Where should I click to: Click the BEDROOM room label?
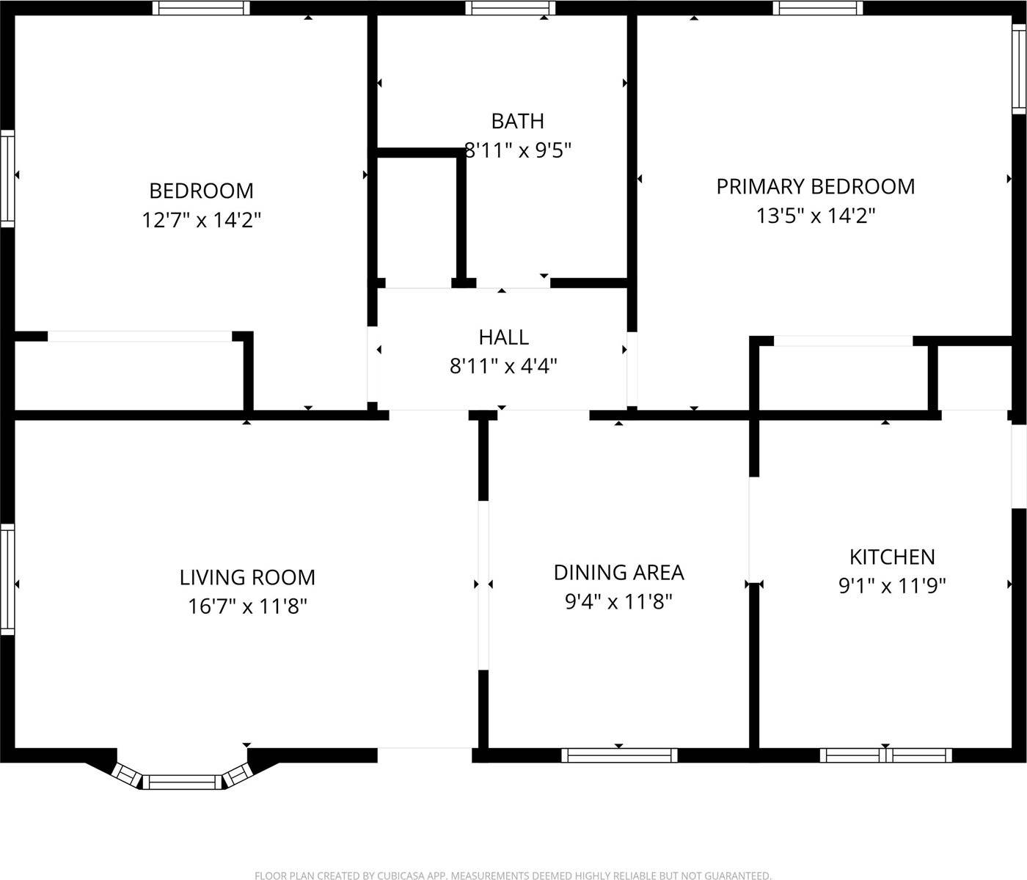[201, 191]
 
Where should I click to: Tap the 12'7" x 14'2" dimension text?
[201, 220]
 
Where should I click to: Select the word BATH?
[517, 121]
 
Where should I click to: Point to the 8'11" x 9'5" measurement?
[519, 150]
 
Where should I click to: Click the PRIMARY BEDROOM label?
[815, 186]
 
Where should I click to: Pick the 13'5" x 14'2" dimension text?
[815, 216]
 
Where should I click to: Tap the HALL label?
[503, 337]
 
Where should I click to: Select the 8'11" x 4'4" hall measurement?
[503, 366]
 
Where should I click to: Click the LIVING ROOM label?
[247, 577]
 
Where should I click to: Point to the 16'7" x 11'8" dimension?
[247, 606]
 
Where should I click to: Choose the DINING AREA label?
[618, 572]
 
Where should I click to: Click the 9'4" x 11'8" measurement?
[618, 602]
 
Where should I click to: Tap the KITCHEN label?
[892, 557]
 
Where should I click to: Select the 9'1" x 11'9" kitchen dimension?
[892, 586]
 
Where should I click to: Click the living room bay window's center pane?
[181, 782]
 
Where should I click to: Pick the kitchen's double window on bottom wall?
[885, 755]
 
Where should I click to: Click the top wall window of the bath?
[510, 8]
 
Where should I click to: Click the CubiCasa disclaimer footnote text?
[513, 875]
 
